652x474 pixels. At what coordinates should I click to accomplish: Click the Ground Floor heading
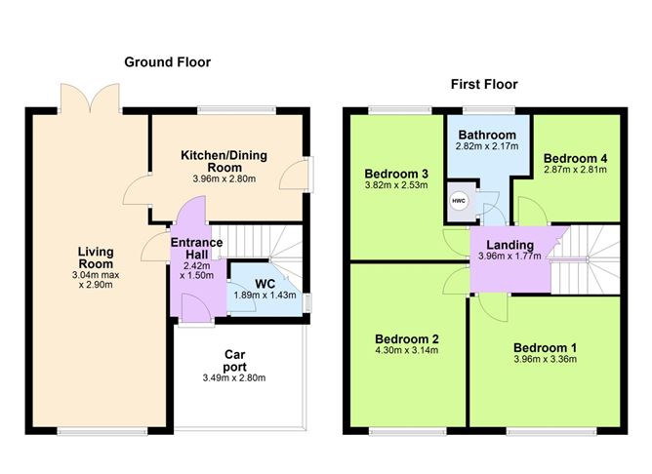[x=168, y=62]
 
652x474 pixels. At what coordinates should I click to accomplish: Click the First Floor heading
[x=484, y=84]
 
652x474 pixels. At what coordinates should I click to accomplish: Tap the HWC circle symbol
[x=459, y=201]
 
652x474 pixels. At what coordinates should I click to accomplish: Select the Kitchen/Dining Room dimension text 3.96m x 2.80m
[x=224, y=179]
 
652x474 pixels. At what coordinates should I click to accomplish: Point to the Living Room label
[x=96, y=257]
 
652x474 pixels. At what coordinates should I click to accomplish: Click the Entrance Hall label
[x=197, y=249]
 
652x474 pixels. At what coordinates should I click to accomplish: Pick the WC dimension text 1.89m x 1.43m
[x=265, y=296]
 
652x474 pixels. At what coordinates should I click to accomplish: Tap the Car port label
[x=234, y=361]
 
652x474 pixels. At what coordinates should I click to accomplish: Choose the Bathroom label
[x=487, y=135]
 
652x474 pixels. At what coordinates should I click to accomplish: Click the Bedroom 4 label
[x=575, y=158]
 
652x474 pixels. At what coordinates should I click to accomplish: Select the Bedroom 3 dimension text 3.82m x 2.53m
[x=396, y=185]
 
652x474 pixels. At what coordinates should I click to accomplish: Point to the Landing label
[x=509, y=245]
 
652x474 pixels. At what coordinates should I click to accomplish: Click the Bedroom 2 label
[x=407, y=339]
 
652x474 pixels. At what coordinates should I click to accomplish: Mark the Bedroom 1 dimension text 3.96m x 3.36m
[x=546, y=359]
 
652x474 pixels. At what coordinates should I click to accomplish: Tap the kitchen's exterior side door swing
[x=296, y=175]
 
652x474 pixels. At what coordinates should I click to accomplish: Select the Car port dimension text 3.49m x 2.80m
[x=234, y=378]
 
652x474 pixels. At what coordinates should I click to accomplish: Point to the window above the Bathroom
[x=489, y=110]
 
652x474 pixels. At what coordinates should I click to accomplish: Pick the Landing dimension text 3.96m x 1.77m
[x=509, y=257]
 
